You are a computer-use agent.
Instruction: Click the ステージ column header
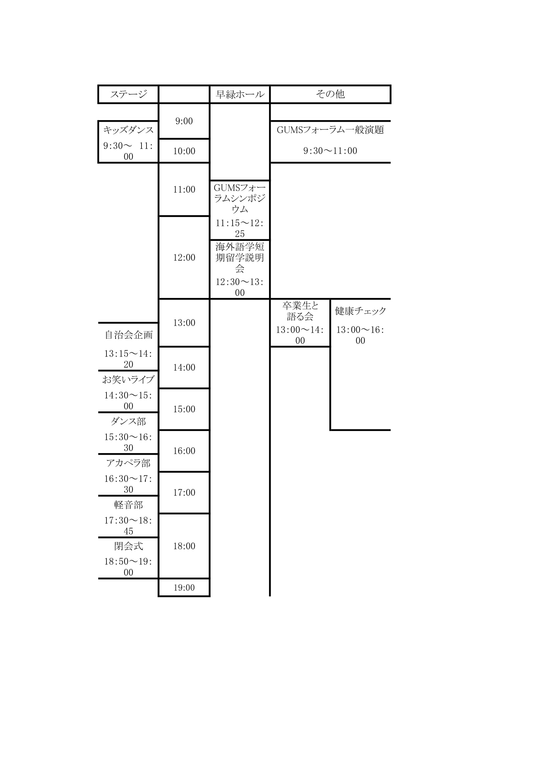(128, 94)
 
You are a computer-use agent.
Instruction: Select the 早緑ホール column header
(240, 94)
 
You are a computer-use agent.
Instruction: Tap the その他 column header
(330, 94)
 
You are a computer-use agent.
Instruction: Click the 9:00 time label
(184, 121)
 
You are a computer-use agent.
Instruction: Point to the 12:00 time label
(184, 258)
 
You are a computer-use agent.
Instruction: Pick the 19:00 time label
(184, 588)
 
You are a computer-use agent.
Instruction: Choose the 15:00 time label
(184, 409)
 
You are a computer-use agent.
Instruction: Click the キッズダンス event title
(128, 130)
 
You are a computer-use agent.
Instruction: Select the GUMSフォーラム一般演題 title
(330, 130)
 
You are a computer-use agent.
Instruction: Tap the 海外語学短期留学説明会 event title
(240, 257)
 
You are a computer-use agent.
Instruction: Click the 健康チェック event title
(360, 311)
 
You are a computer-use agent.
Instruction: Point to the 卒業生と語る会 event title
(300, 311)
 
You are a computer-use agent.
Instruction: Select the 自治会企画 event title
(128, 335)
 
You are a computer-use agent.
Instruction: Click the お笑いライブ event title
(128, 379)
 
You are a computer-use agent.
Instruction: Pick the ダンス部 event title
(128, 421)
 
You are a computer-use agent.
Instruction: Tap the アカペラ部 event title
(128, 463)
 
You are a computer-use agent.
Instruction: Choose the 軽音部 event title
(128, 505)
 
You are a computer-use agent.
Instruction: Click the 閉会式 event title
(128, 546)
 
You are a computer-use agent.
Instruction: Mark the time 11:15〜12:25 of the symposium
(240, 228)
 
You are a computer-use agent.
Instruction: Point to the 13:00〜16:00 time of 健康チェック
(360, 335)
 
